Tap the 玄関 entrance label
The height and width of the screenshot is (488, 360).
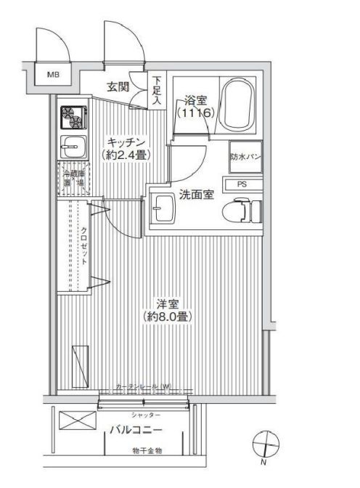tap(120, 87)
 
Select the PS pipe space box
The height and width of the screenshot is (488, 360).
tap(241, 184)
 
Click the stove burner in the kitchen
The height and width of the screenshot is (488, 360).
tap(70, 115)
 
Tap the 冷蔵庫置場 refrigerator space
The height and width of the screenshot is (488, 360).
tap(71, 177)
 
